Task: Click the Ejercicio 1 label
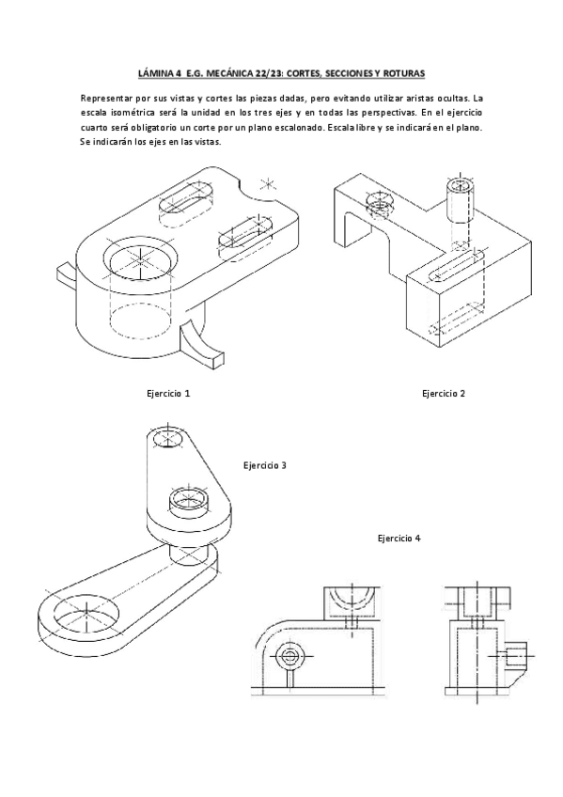point(168,393)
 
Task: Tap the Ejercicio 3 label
point(264,464)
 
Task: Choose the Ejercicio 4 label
point(399,539)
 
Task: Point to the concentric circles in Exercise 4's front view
point(290,655)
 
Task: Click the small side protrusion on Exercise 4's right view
point(515,655)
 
